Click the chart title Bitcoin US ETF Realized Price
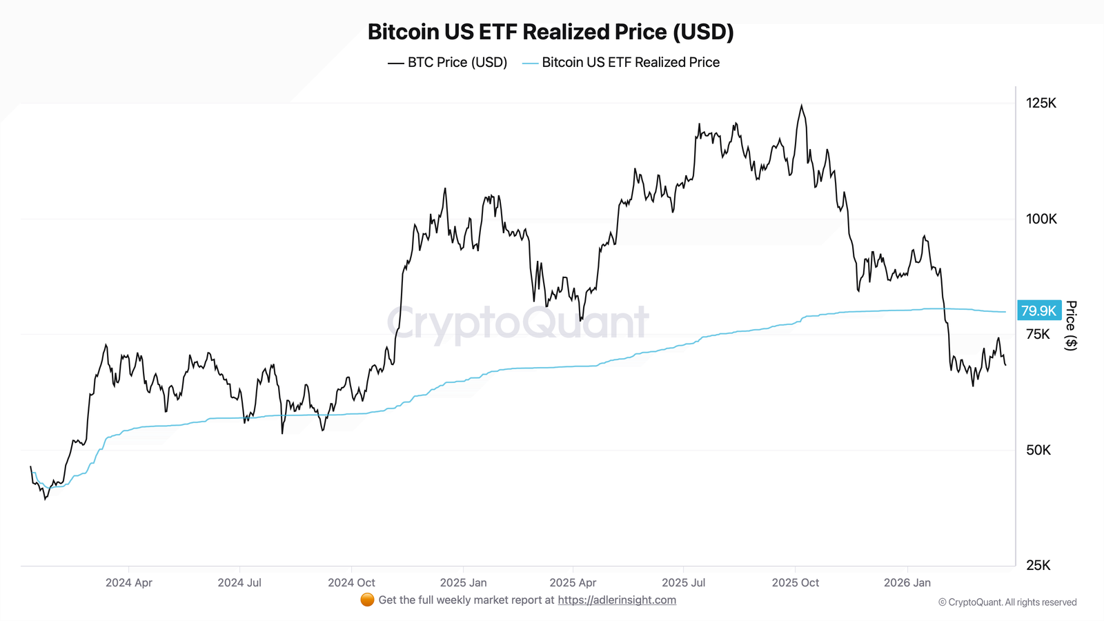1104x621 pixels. pyautogui.click(x=551, y=32)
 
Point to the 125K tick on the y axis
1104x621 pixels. pyautogui.click(x=1041, y=103)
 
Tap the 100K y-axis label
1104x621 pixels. pyautogui.click(x=1041, y=219)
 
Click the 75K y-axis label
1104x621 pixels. pyautogui.click(x=1038, y=335)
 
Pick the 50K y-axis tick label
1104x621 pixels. pyautogui.click(x=1038, y=450)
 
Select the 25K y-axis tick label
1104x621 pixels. pyautogui.click(x=1038, y=565)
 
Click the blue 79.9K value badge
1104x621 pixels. pyautogui.click(x=1038, y=310)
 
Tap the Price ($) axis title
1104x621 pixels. pyautogui.click(x=1071, y=325)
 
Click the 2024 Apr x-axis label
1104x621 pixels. pyautogui.click(x=129, y=582)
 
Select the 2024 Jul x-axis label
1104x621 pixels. pyautogui.click(x=239, y=582)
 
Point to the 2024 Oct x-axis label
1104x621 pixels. pyautogui.click(x=351, y=582)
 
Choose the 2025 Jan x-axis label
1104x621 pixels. pyautogui.click(x=463, y=582)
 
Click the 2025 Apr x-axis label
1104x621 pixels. pyautogui.click(x=573, y=582)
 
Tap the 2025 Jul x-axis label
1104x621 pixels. pyautogui.click(x=683, y=582)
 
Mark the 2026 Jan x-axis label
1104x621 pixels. pyautogui.click(x=907, y=582)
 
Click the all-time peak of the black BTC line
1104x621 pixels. pyautogui.click(x=801, y=106)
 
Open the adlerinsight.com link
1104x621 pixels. pyautogui.click(x=617, y=600)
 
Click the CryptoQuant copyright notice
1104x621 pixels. pyautogui.click(x=1007, y=602)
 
